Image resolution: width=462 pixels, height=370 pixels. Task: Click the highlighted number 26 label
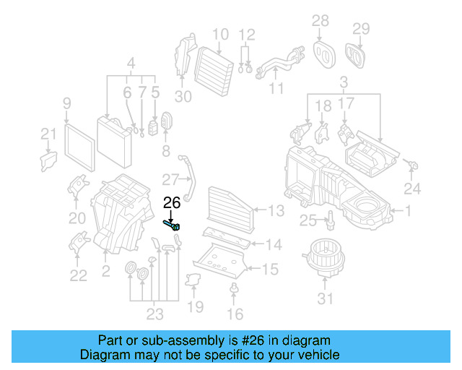pyautogui.click(x=172, y=203)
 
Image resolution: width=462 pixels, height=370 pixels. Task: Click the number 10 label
pyautogui.click(x=220, y=33)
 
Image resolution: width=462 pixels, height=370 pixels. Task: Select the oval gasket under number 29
pyautogui.click(x=355, y=53)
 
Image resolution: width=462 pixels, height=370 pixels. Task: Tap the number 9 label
pyautogui.click(x=66, y=103)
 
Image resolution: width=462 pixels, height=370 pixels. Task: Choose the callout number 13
pyautogui.click(x=276, y=210)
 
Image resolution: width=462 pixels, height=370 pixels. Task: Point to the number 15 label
pyautogui.click(x=269, y=270)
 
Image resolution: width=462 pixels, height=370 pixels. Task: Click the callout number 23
pyautogui.click(x=154, y=313)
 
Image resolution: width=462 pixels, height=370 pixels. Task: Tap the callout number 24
pyautogui.click(x=411, y=189)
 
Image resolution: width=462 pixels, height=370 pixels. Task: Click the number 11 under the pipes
pyautogui.click(x=276, y=89)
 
